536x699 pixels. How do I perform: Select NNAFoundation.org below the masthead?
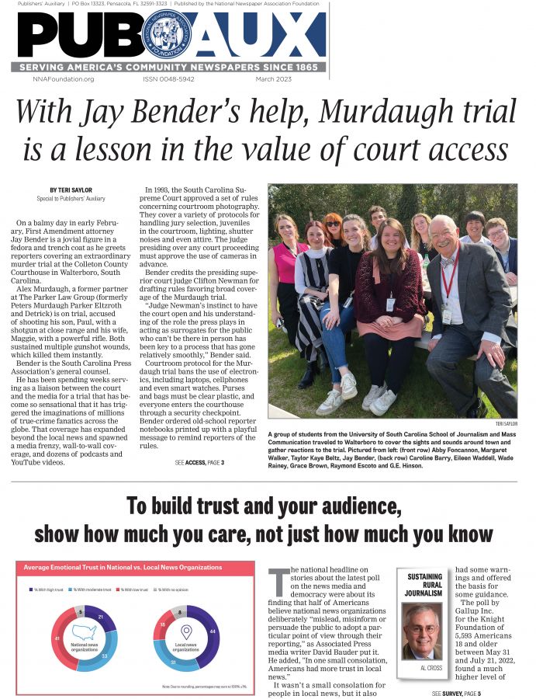coord(64,79)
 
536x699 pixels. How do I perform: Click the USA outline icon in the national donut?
coord(84,637)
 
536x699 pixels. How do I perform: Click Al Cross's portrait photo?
coord(423,631)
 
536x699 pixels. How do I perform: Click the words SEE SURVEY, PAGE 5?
coord(457,692)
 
